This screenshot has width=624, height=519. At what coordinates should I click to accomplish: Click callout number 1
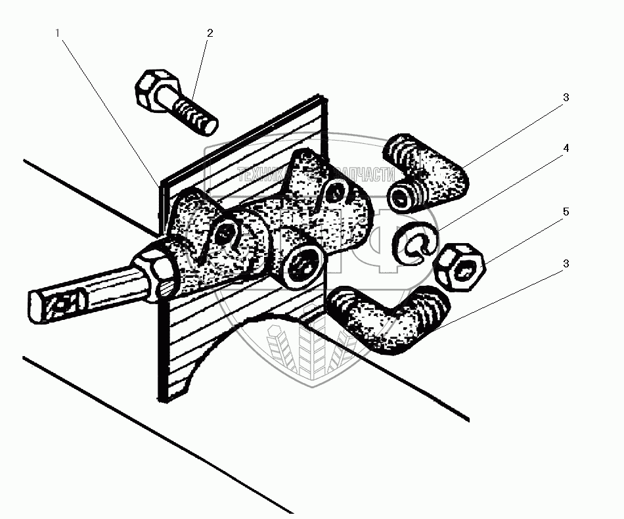click(58, 33)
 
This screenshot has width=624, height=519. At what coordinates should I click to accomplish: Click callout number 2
click(210, 33)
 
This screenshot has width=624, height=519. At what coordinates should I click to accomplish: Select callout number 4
click(566, 148)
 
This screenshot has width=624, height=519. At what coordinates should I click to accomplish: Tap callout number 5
click(566, 212)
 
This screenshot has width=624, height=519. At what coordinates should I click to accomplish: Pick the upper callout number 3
click(566, 97)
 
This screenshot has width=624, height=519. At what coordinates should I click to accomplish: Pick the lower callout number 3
click(566, 263)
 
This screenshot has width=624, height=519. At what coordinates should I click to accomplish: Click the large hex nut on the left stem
click(156, 269)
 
